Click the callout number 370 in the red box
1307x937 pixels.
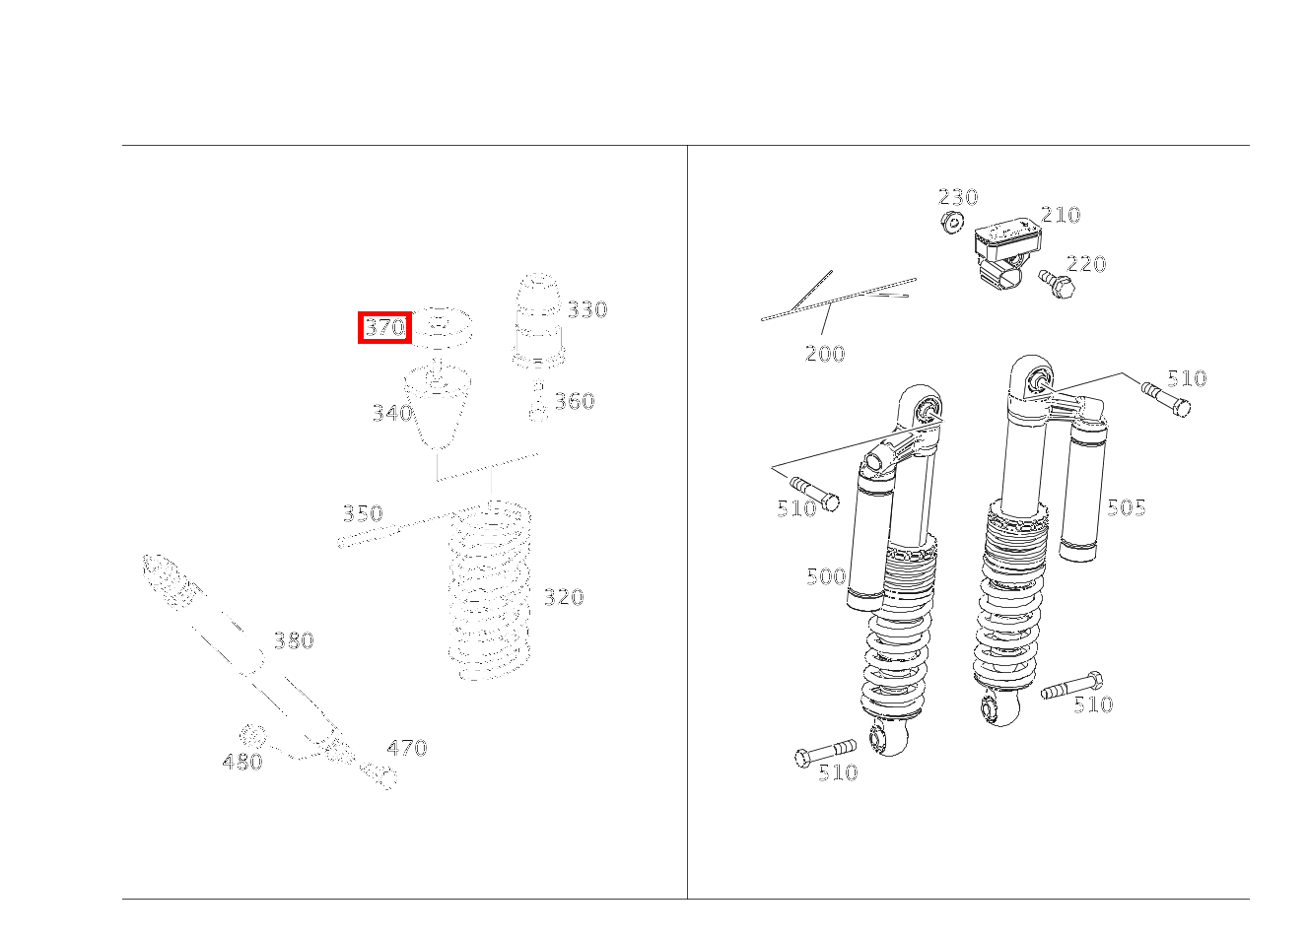pos(385,327)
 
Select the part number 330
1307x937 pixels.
pos(587,309)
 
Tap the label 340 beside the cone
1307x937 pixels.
pos(392,414)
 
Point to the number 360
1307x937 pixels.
pos(574,401)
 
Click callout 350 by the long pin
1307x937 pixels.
pos(363,513)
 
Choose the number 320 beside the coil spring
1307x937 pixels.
pos(564,597)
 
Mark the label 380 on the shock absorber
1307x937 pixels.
pos(294,640)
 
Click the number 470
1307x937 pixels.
pos(407,748)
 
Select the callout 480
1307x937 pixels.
pos(242,762)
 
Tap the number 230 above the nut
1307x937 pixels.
pos(958,197)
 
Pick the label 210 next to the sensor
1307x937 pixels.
pos(1061,215)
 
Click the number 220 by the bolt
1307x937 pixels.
pos(1086,264)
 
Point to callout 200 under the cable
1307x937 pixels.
pos(825,354)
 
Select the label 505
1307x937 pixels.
pos(1127,507)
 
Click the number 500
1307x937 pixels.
pos(826,576)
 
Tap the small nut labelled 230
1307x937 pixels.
pos(952,222)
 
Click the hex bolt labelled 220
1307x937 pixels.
pos(1057,285)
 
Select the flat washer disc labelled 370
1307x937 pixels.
pos(442,328)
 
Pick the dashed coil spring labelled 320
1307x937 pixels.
pos(490,590)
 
